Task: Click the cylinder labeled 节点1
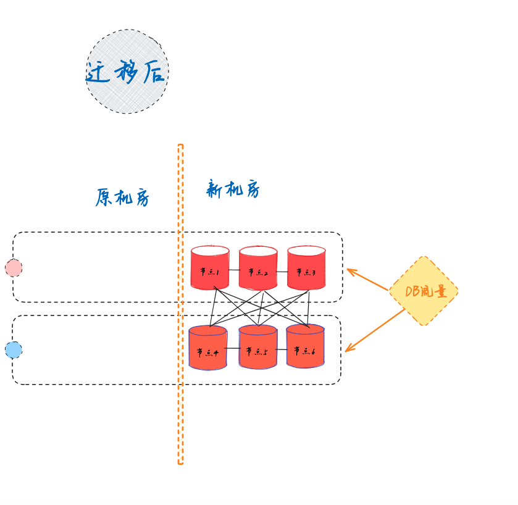[210, 272]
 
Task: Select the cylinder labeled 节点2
[258, 272]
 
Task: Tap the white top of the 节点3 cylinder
[306, 251]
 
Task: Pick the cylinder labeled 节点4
[208, 351]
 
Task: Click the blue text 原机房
[122, 198]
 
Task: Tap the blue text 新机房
[233, 190]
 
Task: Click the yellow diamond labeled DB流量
[424, 291]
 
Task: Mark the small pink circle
[14, 268]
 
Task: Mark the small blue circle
[14, 350]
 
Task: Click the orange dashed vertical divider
[180, 401]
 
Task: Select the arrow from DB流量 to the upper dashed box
[368, 279]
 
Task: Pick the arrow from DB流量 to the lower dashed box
[375, 330]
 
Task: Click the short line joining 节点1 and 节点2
[234, 270]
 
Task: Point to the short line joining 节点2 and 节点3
[282, 271]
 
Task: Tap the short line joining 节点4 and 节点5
[233, 348]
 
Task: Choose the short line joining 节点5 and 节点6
[282, 349]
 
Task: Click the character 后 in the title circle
[154, 73]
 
